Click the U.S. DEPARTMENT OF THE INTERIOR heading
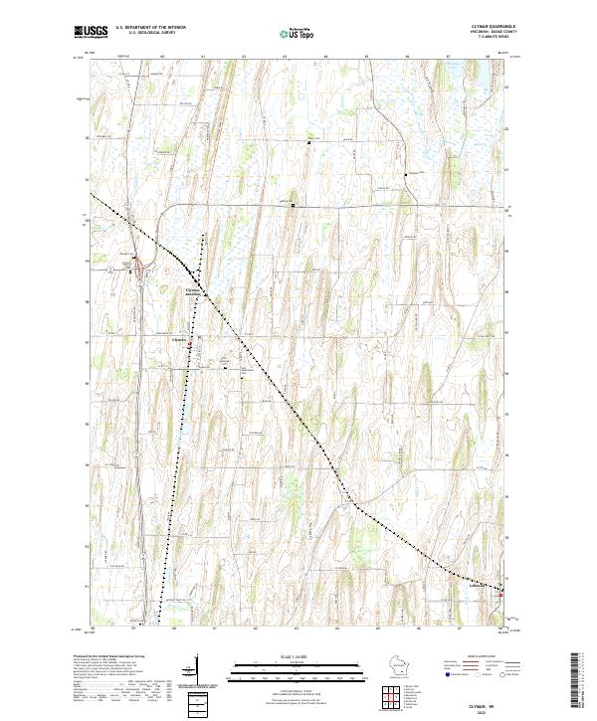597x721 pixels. (x=150, y=28)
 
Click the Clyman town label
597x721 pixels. (x=179, y=339)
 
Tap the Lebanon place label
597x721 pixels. (x=480, y=586)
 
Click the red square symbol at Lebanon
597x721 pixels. (x=500, y=595)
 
